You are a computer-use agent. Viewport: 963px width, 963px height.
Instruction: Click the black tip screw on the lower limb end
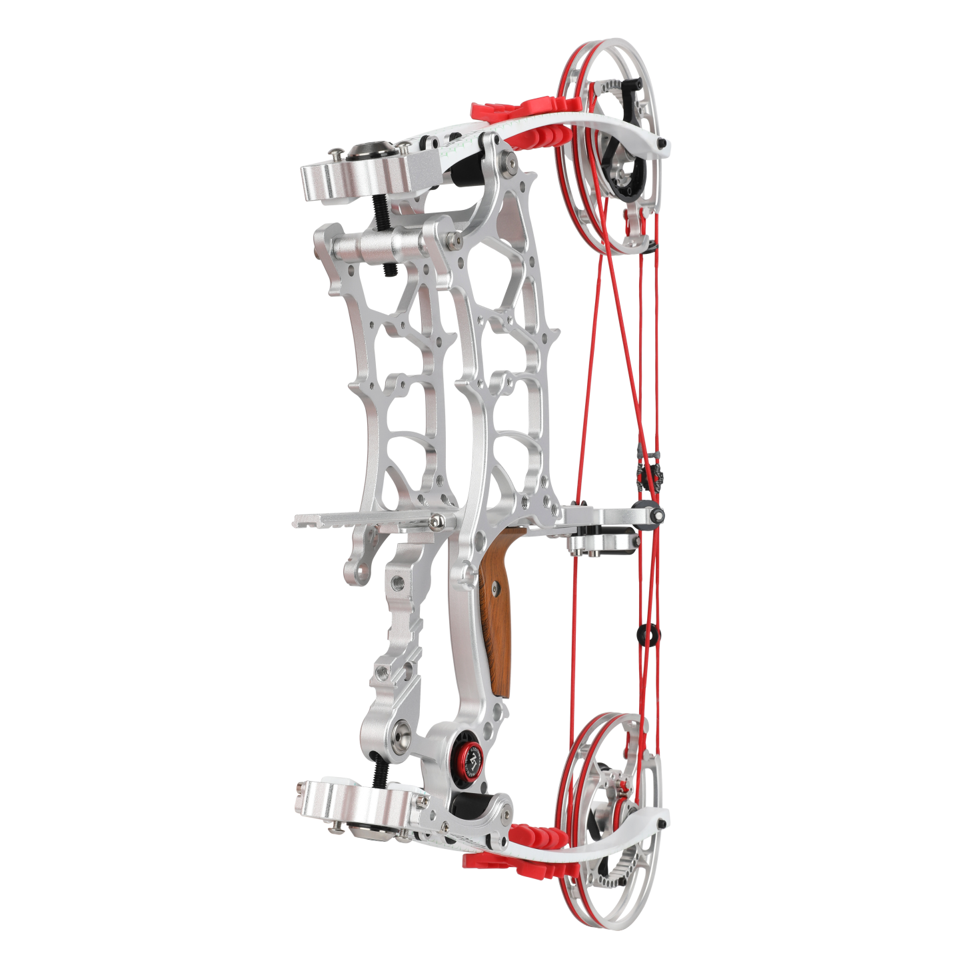(661, 826)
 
